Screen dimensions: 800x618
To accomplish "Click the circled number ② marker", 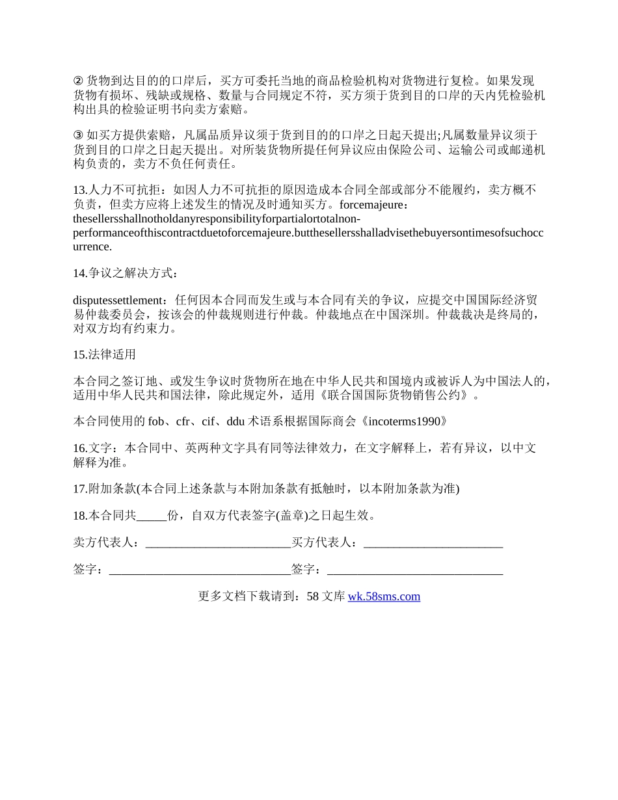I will tap(78, 81).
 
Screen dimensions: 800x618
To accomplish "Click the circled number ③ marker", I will tap(78, 135).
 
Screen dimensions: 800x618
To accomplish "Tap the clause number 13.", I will tap(79, 190).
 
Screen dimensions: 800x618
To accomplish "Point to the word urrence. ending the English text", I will tap(92, 247).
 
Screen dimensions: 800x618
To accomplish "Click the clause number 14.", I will tap(79, 273).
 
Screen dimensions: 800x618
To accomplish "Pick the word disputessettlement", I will tap(116, 300).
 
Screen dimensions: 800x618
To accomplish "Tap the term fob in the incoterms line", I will tap(156, 421).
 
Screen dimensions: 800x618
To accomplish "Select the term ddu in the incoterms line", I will tap(235, 421).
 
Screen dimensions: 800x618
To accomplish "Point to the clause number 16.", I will tap(79, 448).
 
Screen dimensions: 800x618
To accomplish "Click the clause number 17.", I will tap(79, 488).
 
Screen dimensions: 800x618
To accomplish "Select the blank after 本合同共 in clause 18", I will tap(152, 516).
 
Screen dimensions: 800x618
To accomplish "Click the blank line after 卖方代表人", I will tap(218, 543).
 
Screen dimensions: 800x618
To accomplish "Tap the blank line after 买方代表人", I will tap(433, 543).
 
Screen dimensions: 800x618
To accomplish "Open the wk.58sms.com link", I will tap(384, 596).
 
